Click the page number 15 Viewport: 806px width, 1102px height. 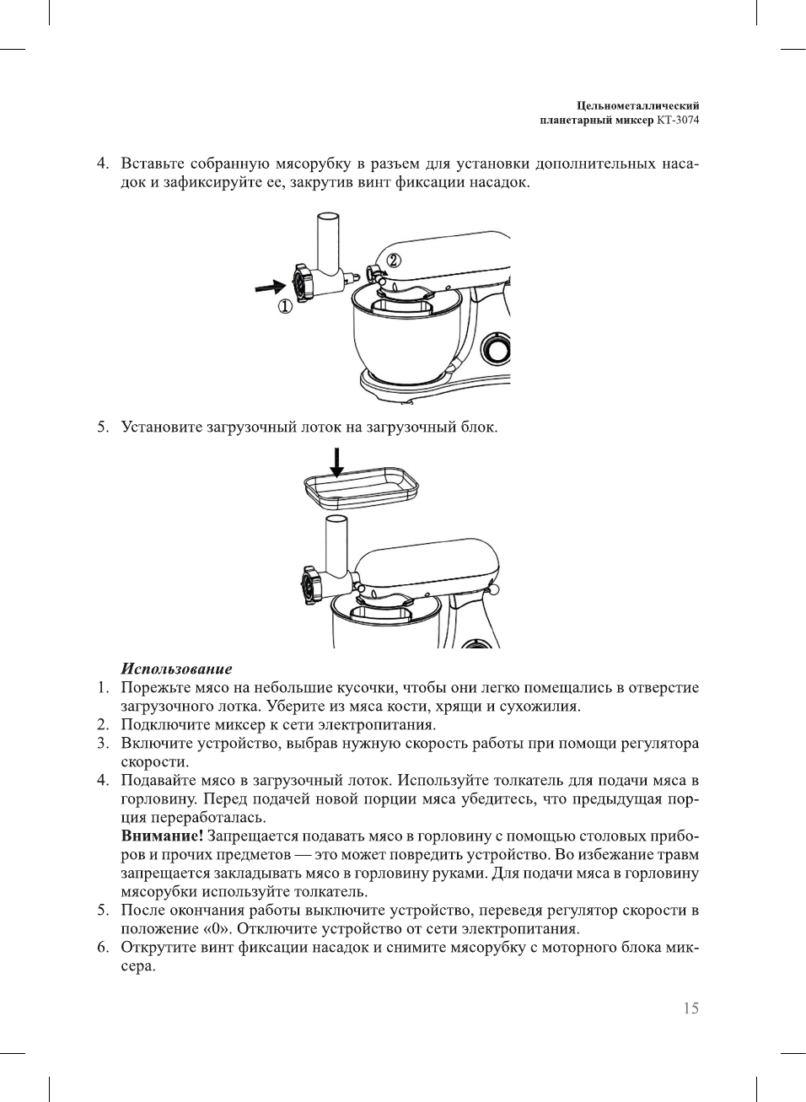click(x=690, y=1008)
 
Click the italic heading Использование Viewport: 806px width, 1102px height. click(x=176, y=669)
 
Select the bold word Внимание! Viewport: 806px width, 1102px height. click(x=162, y=836)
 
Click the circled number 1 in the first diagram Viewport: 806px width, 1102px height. click(x=285, y=307)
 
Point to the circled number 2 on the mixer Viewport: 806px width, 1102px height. click(x=394, y=260)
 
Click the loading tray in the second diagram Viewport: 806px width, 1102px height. click(x=361, y=489)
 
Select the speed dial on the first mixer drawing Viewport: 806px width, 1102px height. click(x=495, y=348)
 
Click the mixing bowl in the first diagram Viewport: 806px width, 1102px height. click(x=403, y=337)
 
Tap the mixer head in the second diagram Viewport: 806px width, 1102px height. click(x=430, y=567)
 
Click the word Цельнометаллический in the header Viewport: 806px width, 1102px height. click(x=637, y=105)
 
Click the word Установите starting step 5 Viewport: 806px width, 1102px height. click(x=162, y=427)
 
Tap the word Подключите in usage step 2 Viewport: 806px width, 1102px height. click(x=162, y=724)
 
